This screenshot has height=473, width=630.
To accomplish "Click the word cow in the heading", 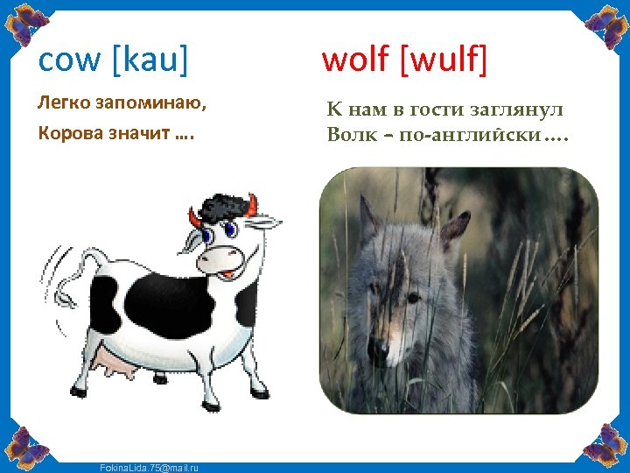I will [70, 60].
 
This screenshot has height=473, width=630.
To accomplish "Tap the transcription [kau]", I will [150, 60].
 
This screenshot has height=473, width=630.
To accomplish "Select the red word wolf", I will [355, 60].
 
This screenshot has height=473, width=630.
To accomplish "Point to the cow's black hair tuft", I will [223, 208].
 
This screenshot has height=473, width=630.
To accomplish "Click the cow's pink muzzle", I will [219, 258].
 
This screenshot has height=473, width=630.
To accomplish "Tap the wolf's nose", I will [379, 350].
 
